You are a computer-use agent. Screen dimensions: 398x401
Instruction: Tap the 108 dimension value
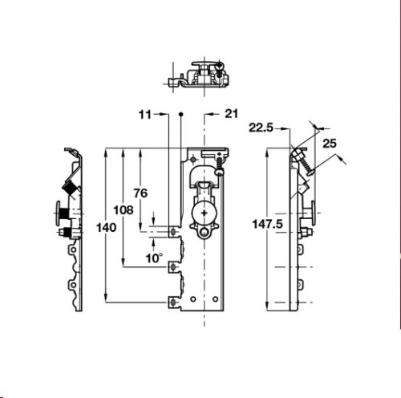124,210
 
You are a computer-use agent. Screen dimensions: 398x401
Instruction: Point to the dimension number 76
140,193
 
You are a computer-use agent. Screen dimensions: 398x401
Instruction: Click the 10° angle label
154,258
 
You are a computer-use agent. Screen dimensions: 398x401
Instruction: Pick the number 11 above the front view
144,116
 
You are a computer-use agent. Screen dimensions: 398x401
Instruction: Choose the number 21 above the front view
232,116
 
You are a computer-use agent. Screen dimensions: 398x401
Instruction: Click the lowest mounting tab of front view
174,301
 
